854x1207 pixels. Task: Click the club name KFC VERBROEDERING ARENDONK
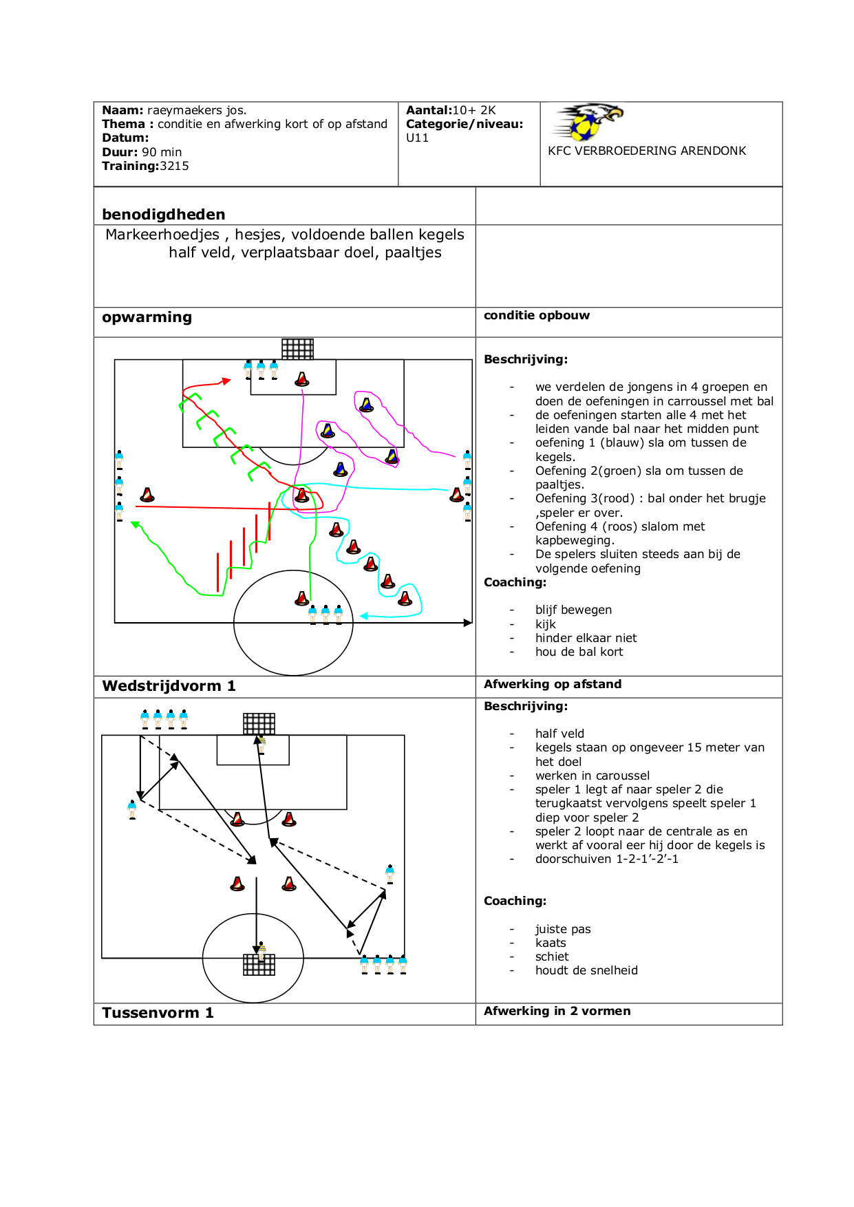[647, 151]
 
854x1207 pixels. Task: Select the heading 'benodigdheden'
[164, 214]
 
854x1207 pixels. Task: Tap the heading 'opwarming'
[147, 317]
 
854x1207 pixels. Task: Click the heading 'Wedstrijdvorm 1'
[169, 686]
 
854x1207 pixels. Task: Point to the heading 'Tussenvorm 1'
[158, 1013]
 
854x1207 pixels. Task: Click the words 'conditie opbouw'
[537, 315]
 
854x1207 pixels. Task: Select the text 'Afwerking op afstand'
[553, 684]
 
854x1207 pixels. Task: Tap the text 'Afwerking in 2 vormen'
[557, 1011]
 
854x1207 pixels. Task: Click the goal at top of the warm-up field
[298, 349]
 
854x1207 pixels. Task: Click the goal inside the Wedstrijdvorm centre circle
[259, 965]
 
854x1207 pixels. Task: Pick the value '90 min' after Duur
[162, 152]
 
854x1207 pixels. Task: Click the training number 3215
[175, 166]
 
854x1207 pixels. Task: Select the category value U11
[417, 138]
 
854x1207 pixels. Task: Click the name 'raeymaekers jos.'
[197, 110]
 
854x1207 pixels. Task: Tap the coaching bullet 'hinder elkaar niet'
[586, 638]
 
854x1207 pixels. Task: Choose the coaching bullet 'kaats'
[551, 943]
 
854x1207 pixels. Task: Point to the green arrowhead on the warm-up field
[136, 525]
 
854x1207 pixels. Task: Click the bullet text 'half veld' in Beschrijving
[559, 734]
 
